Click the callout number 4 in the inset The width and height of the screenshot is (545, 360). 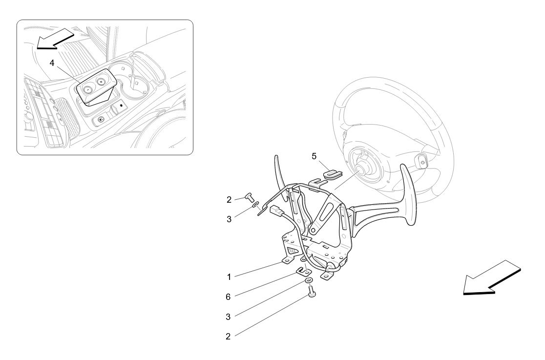[52, 63]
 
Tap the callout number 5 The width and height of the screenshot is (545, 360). [314, 156]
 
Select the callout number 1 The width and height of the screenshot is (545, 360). [229, 277]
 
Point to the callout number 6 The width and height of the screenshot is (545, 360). [229, 296]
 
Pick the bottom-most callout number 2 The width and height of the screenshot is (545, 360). [229, 336]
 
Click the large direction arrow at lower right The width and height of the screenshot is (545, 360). [491, 278]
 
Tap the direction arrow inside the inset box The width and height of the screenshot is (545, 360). [54, 39]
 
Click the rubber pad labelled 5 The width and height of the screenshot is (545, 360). [332, 173]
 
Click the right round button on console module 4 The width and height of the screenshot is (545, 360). [102, 83]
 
